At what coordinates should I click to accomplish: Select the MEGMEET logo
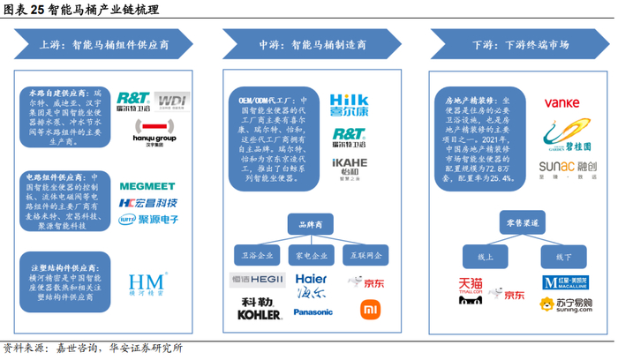(x=148, y=186)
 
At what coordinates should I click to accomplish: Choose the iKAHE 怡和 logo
(x=349, y=169)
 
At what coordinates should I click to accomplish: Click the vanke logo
(x=561, y=102)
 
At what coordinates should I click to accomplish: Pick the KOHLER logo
(x=258, y=314)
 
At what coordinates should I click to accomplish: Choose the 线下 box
(x=564, y=256)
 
